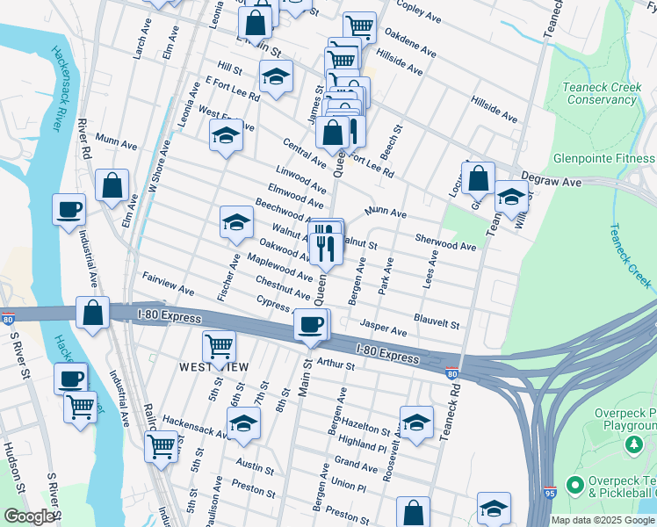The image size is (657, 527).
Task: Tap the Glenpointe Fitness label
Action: point(603,159)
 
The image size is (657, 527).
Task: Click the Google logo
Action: point(28,516)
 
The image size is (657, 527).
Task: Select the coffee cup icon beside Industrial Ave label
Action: point(69,211)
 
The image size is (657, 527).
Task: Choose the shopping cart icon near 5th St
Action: point(218,346)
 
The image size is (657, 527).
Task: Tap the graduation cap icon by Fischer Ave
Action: point(236,223)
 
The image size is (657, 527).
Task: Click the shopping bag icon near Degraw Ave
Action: point(480,177)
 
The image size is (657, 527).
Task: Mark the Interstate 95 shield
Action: point(549,494)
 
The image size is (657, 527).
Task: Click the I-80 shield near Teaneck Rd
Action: point(451,374)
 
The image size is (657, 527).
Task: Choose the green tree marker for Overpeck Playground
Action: point(632,446)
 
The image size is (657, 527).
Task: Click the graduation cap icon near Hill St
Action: point(276,76)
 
